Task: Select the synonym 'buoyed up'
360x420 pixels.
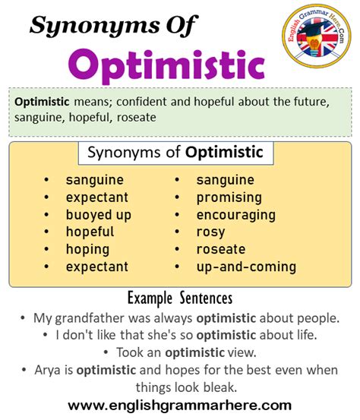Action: click(99, 215)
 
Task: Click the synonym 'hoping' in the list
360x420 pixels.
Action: click(87, 250)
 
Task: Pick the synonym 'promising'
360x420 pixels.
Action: click(229, 197)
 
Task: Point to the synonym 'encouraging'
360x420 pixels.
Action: click(236, 215)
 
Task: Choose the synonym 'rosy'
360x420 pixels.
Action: click(210, 232)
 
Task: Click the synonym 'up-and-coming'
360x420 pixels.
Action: click(246, 267)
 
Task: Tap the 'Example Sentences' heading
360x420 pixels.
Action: click(180, 298)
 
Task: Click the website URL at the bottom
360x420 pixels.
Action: click(180, 406)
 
